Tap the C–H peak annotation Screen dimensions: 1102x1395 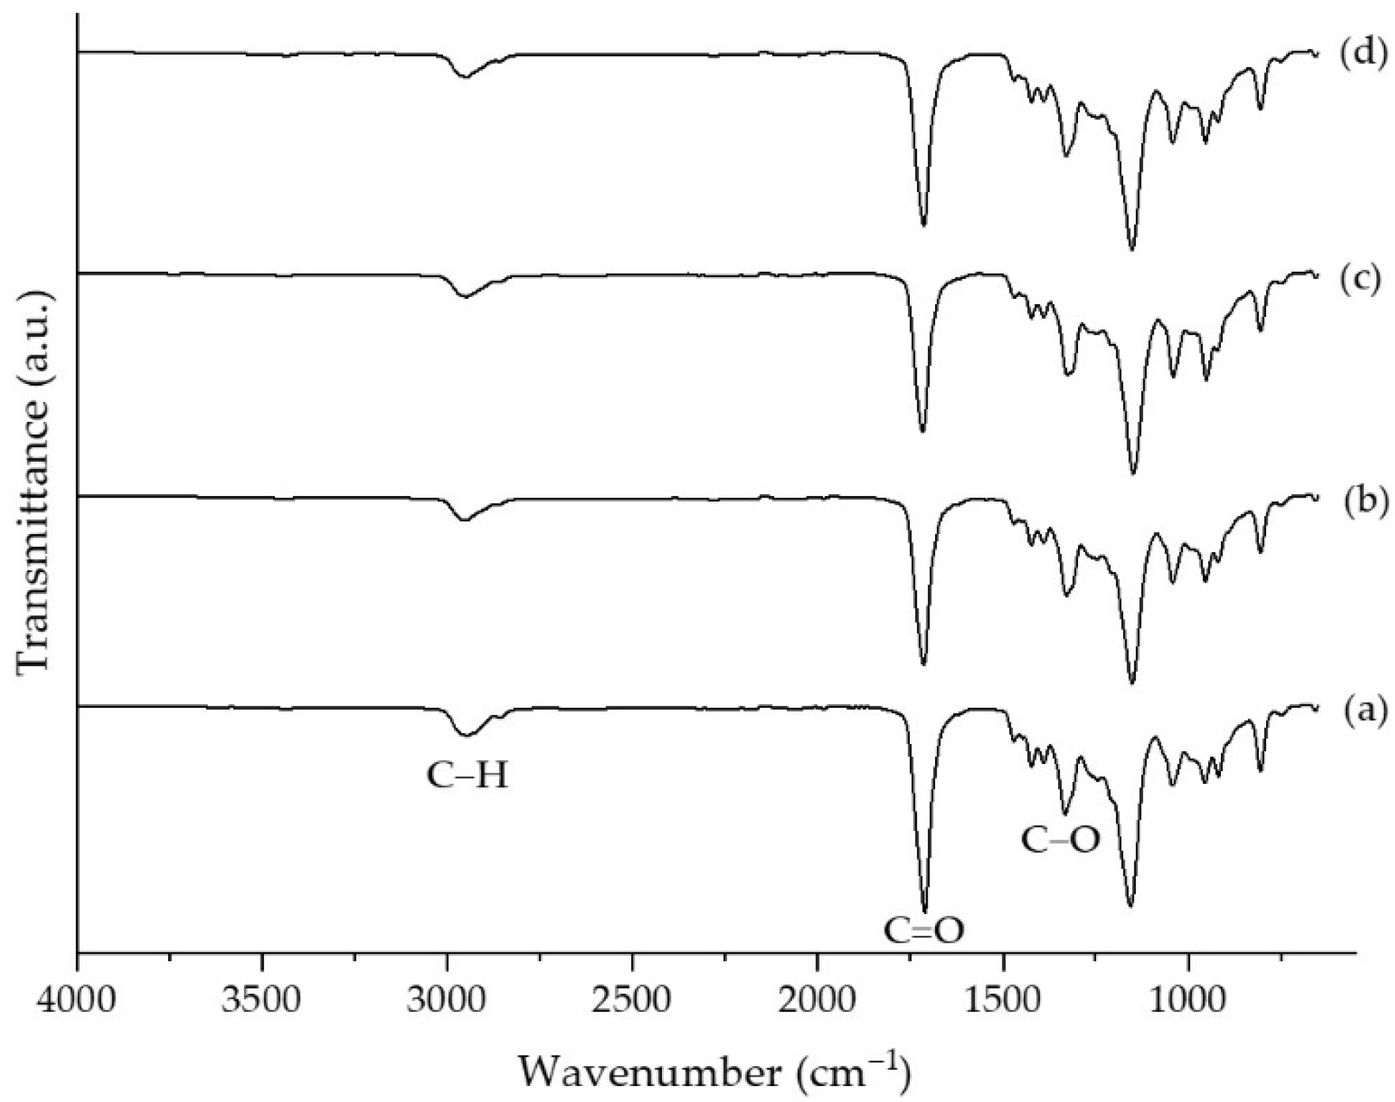467,775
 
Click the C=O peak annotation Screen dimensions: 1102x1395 924,931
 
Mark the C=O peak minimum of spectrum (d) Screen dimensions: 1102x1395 923,225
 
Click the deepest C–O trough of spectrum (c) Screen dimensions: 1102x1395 1133,473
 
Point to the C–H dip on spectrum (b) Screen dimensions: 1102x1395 465,520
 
